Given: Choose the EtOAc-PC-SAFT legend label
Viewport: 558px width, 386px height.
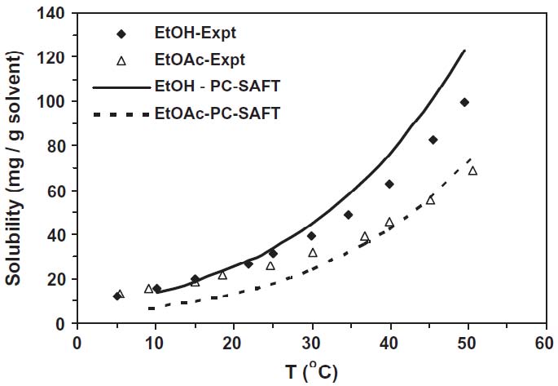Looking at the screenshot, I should tap(216, 113).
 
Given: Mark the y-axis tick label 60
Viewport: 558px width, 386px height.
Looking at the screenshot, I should tap(56, 190).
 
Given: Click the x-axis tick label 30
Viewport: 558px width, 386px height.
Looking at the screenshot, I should tap(311, 341).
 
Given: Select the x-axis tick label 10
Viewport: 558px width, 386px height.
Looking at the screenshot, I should tap(155, 341).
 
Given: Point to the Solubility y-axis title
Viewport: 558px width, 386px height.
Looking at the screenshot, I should tap(15, 170).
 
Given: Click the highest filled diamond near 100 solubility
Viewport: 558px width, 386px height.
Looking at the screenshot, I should tap(464, 102).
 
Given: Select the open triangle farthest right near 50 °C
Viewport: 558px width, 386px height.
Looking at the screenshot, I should tap(472, 171).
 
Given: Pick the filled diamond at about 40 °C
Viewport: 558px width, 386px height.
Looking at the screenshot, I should tap(389, 184).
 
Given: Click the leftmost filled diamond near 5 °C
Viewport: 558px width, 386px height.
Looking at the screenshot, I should tap(117, 295).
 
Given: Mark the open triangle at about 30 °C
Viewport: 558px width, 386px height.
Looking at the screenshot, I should tap(312, 253).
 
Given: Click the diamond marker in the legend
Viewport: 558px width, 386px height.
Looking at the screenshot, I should tap(121, 34).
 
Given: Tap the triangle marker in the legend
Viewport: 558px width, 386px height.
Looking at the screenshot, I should tap(121, 60).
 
